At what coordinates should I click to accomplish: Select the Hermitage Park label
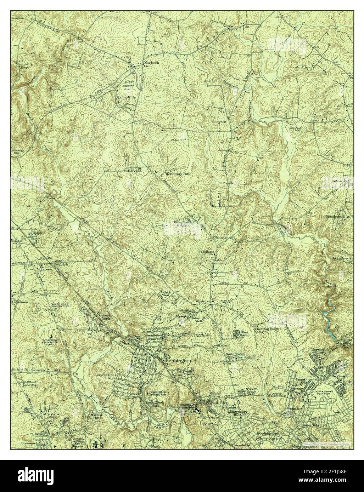[178, 174]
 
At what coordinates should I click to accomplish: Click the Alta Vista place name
[49, 414]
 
